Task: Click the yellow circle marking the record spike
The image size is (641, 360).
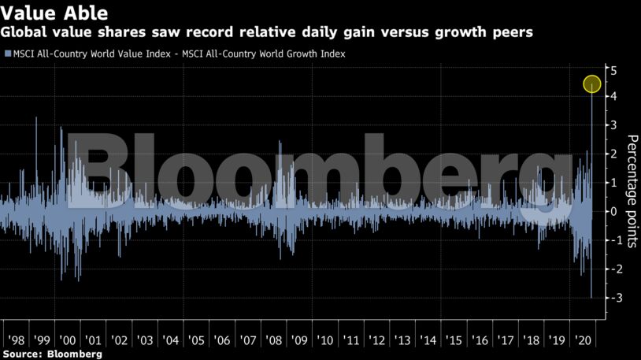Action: coord(592,84)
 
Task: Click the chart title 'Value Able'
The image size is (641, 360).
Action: coord(55,13)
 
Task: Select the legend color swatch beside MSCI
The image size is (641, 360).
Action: coord(7,54)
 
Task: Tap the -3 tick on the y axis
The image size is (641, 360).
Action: coord(613,298)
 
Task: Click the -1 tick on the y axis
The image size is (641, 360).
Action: coord(613,240)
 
